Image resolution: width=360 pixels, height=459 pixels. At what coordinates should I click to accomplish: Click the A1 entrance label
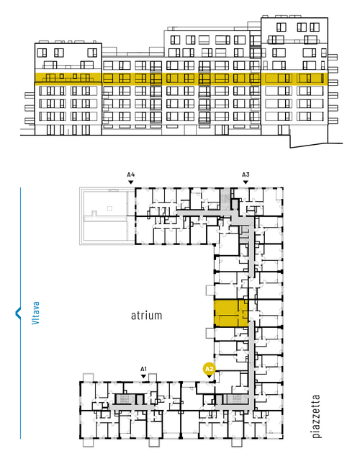point(143,369)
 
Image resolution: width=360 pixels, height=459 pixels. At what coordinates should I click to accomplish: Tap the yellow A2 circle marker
point(209,369)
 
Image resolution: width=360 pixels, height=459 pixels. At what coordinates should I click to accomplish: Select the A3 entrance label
point(246,174)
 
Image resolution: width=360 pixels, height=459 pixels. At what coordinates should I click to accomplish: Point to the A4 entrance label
point(131,174)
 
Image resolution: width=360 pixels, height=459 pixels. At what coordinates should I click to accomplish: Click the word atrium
point(146,316)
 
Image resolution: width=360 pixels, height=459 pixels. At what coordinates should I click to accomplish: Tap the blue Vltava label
point(35,313)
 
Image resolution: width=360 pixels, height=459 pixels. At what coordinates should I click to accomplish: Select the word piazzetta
point(316,416)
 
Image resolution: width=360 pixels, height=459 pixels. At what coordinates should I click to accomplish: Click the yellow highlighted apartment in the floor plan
point(231,313)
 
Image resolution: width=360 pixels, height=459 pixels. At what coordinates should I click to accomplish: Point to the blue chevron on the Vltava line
point(18,313)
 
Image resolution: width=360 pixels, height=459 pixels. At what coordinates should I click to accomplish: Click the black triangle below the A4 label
point(131,182)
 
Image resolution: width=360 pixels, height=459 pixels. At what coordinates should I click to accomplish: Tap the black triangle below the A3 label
point(246,182)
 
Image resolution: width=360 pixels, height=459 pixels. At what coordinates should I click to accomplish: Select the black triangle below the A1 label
point(143,376)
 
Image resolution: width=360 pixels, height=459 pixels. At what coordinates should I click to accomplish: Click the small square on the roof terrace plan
point(109,208)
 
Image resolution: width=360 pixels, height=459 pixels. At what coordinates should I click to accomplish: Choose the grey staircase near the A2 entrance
point(235,398)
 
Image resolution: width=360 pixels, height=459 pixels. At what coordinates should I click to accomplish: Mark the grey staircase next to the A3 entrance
point(225,198)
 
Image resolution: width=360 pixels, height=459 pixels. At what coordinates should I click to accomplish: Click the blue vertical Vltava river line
point(20,313)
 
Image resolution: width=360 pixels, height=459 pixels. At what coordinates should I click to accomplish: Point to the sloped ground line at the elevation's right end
point(316,145)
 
